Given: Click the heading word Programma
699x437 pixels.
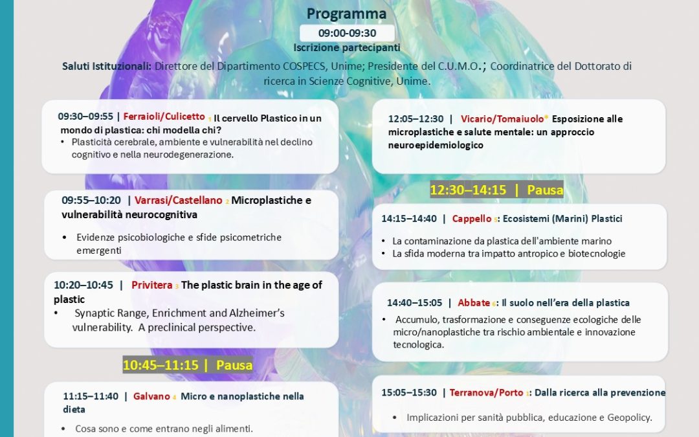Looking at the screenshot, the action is pos(346,14).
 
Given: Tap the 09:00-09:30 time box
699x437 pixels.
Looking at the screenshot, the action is pos(347,33).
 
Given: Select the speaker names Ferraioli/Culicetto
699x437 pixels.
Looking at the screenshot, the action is pos(164,117).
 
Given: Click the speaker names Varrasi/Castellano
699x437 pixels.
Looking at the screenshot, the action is pos(179,200).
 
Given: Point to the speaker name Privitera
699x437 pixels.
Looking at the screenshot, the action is pos(151,285).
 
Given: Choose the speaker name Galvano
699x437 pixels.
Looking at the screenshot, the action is pos(151,396).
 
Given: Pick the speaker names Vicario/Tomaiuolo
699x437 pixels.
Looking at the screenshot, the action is pos(502,118).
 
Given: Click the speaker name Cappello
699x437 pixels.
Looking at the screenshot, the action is pos(472,219).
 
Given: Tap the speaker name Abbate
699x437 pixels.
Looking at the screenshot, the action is pos(474,303).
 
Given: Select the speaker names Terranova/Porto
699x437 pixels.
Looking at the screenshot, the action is pos(486,392).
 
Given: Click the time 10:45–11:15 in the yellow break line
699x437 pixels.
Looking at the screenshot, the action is pos(161,364).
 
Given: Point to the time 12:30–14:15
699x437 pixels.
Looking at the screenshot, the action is pos(468,190).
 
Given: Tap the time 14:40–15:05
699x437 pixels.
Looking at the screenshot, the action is pos(415,303).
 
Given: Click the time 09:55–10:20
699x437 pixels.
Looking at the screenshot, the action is pos(91,200).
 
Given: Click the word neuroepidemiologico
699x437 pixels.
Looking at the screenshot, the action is pos(436,145).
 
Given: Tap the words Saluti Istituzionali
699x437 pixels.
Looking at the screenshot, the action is pos(107,66).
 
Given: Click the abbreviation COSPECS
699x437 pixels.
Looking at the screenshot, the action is pos(305,66).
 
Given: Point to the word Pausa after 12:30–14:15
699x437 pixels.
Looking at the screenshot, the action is pos(545,190).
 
